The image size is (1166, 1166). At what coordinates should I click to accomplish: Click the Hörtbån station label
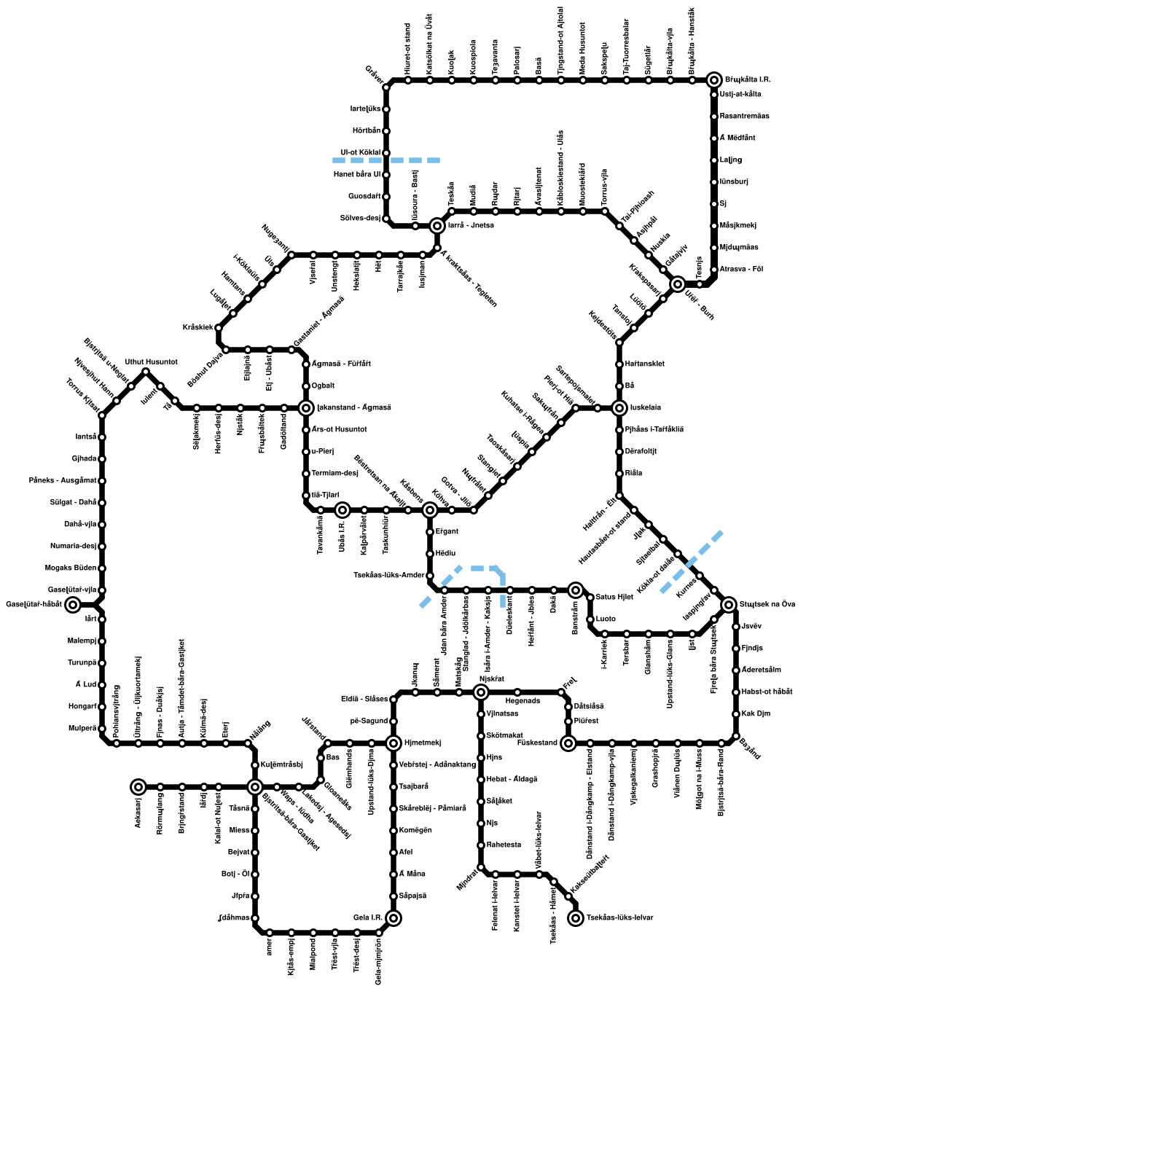pos(366,131)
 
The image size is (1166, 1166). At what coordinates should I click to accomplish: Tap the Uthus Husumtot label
pos(151,362)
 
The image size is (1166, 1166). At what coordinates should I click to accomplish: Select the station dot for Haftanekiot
pos(619,364)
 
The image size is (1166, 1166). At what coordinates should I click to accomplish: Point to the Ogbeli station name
pos(323,386)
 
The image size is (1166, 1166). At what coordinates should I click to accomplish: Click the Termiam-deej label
pos(334,474)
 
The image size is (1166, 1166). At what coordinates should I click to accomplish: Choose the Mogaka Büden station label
pos(71,568)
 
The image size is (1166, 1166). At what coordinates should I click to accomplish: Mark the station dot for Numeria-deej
pos(102,547)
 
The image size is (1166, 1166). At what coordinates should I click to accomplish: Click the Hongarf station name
pos(82,707)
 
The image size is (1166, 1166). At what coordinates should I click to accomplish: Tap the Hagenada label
pos(523,701)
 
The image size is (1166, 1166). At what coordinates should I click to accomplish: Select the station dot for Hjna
pos(481,758)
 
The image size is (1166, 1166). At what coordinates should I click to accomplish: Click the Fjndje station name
pos(752,649)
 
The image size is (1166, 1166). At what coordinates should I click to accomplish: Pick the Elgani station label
pos(447,532)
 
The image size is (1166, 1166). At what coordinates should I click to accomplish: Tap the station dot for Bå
pos(619,386)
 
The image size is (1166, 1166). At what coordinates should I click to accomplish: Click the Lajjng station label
pos(731,160)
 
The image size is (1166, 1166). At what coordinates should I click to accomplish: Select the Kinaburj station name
pos(734,182)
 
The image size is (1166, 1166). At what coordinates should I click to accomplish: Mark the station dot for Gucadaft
pos(386,197)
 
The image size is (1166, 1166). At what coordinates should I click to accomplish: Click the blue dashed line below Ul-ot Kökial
pos(386,160)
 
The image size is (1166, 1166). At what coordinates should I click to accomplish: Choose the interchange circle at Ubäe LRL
pos(343,510)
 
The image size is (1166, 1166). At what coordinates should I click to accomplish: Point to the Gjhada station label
pos(84,459)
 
